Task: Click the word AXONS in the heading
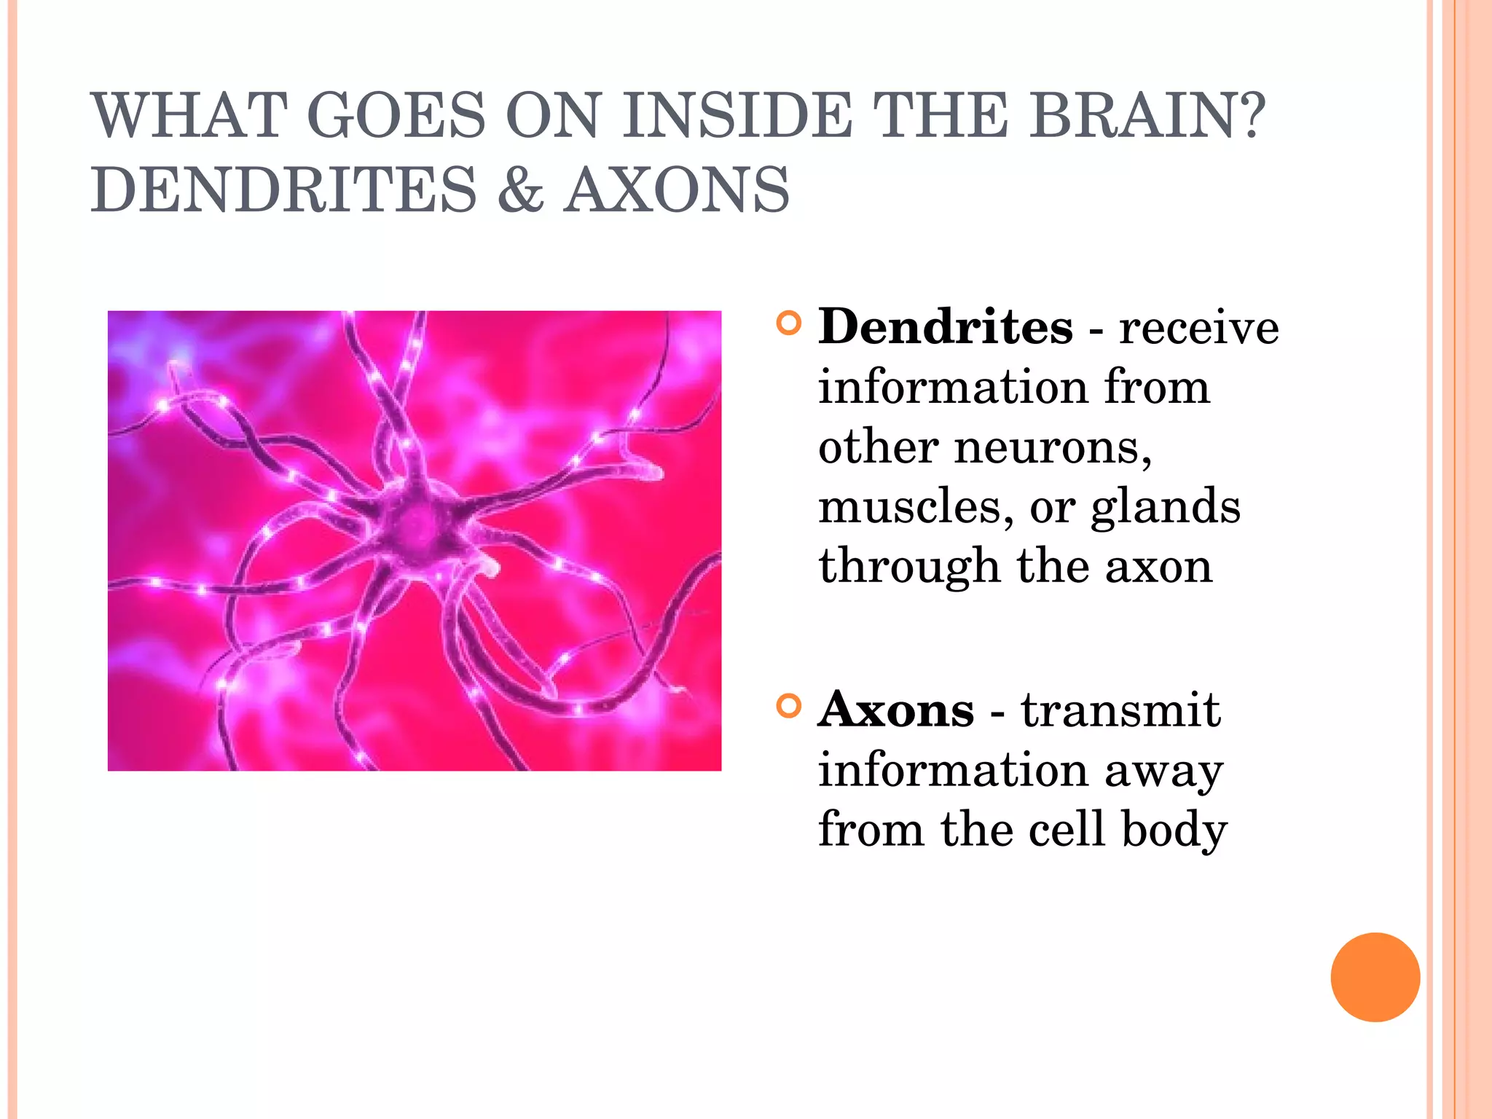coord(677,190)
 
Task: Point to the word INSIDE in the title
coord(737,115)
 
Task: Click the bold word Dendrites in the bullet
coord(945,327)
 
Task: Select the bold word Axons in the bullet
coord(895,710)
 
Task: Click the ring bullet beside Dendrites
coord(788,323)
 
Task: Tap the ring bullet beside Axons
coord(788,706)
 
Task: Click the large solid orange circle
coord(1375,977)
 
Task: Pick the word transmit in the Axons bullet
coord(1120,710)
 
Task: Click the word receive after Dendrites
coord(1198,327)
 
